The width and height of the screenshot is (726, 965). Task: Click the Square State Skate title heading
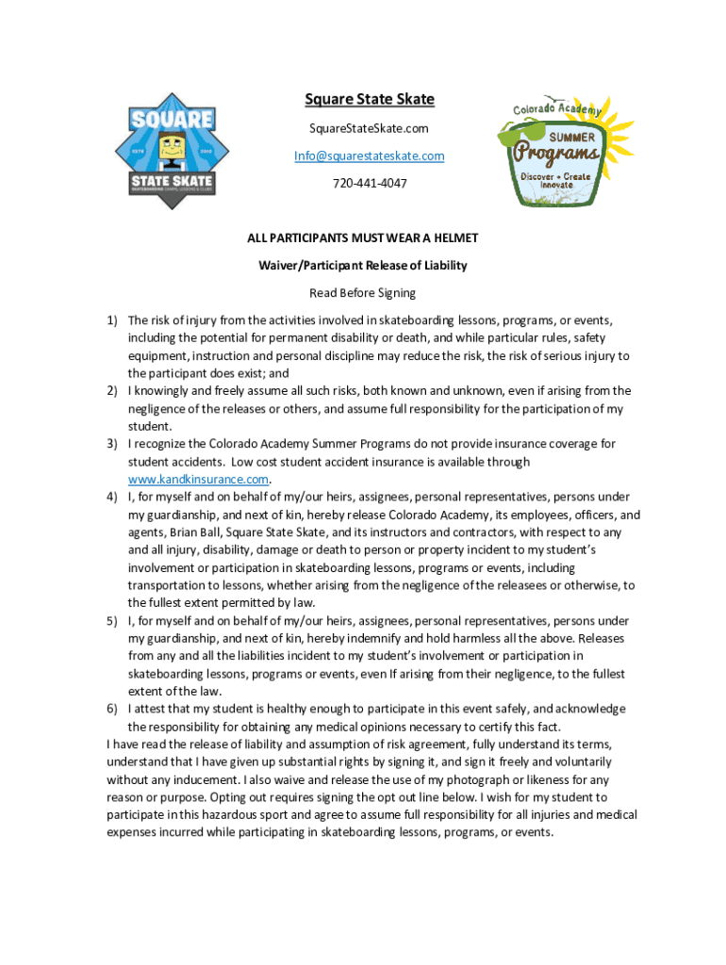[362, 100]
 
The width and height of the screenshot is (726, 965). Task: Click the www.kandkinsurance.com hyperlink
[198, 479]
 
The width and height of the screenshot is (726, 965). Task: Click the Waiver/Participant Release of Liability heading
[362, 266]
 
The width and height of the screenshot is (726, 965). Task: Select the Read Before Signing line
[362, 293]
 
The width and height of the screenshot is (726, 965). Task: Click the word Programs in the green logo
[561, 152]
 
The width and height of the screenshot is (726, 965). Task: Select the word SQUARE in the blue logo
[172, 120]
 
